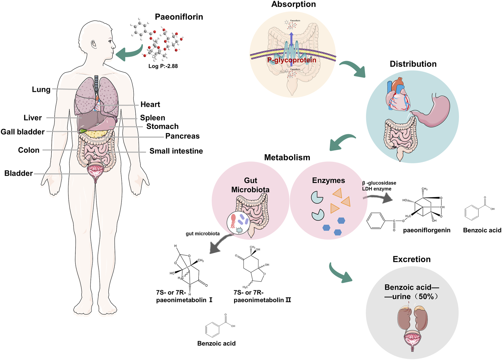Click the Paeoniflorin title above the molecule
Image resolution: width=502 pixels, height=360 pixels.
179,17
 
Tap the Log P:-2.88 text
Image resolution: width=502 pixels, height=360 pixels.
163,66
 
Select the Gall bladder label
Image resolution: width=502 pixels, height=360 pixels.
23,132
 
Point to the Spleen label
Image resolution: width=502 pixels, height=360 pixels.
152,118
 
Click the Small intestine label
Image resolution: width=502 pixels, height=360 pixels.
176,151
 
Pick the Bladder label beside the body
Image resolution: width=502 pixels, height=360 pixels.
19,173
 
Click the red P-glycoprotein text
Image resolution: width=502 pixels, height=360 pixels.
292,60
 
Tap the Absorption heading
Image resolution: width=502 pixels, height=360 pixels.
293,4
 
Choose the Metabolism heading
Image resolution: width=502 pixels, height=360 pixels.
287,157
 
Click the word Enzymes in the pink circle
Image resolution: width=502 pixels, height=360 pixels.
328,181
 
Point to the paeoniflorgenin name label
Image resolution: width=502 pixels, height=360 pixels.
426,230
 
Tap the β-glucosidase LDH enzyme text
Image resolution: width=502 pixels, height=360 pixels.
379,186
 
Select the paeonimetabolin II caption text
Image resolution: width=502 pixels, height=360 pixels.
262,297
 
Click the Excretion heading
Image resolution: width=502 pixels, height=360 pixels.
411,259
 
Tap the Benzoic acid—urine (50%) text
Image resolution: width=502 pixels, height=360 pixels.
412,292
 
